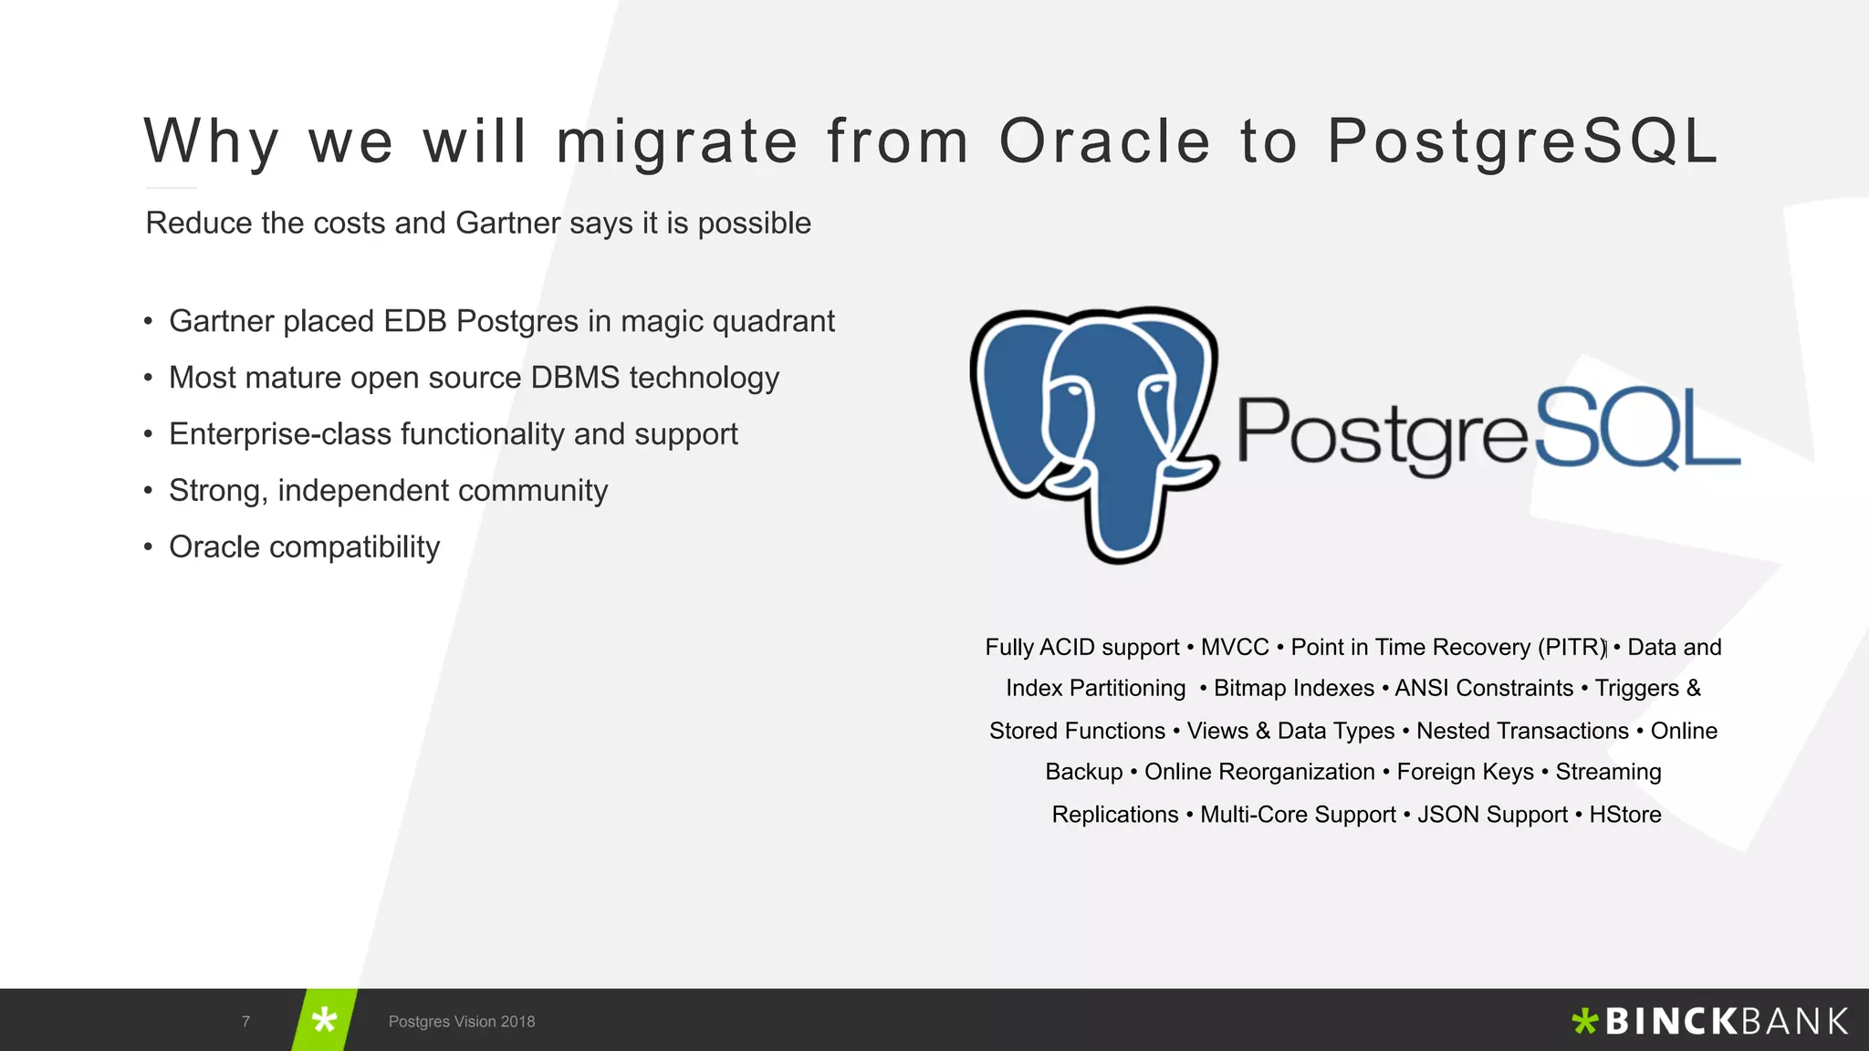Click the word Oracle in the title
pos(1104,141)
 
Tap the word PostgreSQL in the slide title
pos(1522,141)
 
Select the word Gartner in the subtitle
pos(507,223)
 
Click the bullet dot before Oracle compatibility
pos(148,547)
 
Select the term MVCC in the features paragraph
pos(1234,647)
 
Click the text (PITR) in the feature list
pos(1571,647)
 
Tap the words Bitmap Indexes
pos(1293,688)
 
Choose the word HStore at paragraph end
pos(1624,814)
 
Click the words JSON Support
pos(1491,814)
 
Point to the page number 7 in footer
pos(245,1022)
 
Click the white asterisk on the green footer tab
pos(324,1020)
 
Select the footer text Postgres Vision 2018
pos(462,1022)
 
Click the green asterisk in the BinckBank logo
pos(1584,1021)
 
